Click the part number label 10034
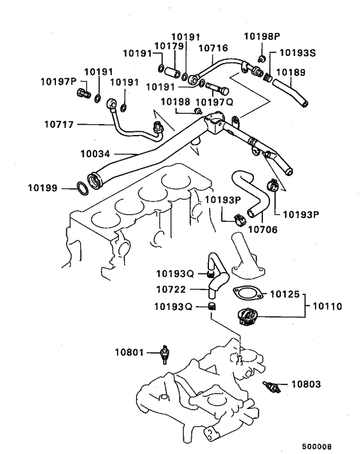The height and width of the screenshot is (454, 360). click(98, 154)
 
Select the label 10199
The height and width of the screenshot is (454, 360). click(44, 188)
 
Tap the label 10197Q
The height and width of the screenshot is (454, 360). click(213, 102)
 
